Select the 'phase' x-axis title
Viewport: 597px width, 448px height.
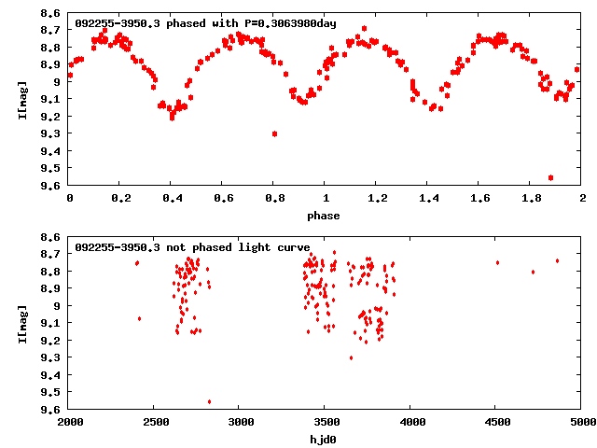(x=326, y=216)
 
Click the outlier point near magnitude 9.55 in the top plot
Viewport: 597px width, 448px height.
(x=550, y=177)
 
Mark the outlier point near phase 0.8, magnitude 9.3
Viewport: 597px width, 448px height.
(x=274, y=133)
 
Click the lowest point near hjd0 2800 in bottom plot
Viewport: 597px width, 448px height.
(x=209, y=402)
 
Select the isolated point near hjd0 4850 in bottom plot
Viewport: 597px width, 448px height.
(x=557, y=260)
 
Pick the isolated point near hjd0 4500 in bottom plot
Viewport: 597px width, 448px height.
(x=497, y=262)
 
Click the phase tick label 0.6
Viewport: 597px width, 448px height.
(x=223, y=200)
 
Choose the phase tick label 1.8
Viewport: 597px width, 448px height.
(x=530, y=200)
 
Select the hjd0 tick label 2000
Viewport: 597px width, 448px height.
(x=70, y=423)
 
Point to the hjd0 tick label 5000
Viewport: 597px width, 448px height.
(x=580, y=423)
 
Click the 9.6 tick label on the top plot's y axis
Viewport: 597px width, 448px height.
(x=52, y=185)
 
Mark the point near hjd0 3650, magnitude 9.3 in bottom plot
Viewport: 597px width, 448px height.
(x=351, y=357)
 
